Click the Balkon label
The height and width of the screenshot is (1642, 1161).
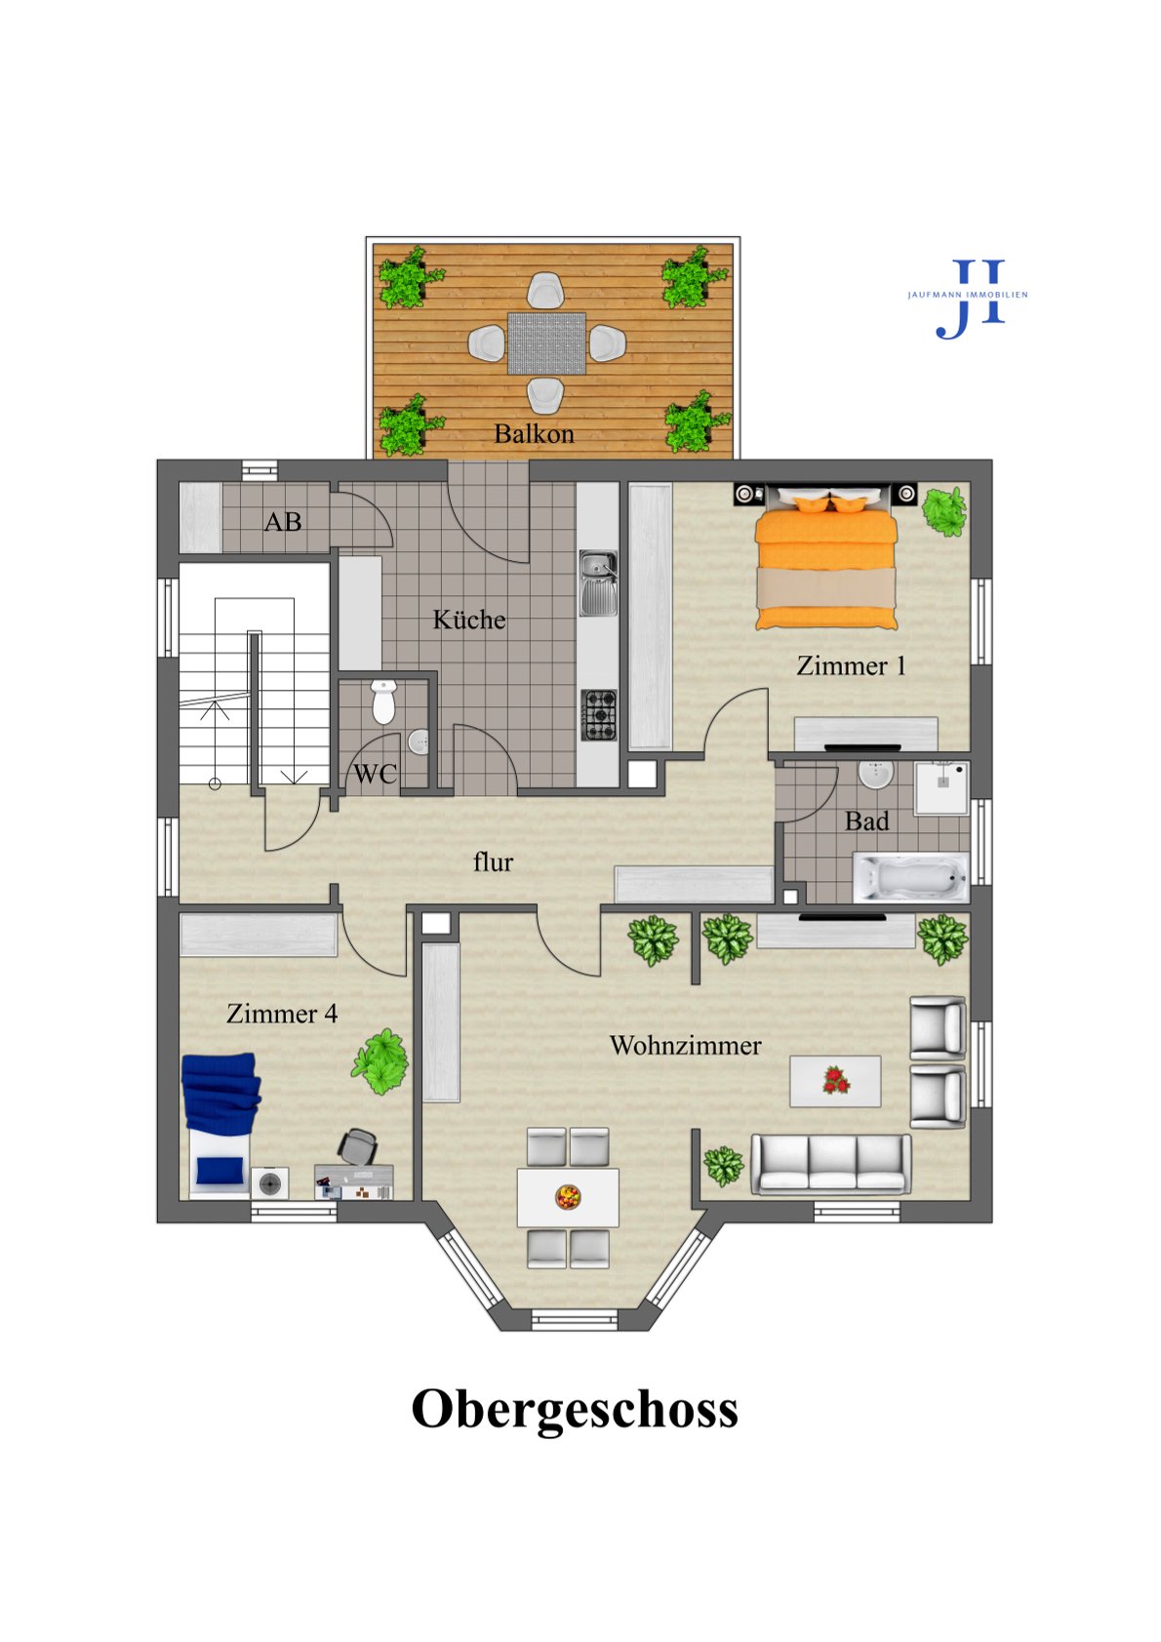coord(534,434)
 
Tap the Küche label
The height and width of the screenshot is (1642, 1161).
coord(469,620)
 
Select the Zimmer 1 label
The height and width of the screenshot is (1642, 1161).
coord(851,665)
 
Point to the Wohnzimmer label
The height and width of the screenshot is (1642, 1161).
coord(685,1045)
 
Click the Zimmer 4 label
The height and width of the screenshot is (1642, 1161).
coord(282,1014)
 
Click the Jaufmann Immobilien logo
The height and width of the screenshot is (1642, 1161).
coord(968,299)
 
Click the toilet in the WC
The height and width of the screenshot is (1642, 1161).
coord(383,701)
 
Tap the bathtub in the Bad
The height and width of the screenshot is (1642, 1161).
coord(911,877)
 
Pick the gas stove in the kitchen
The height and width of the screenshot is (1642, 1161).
coord(599,715)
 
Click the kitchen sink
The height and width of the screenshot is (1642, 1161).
coord(599,583)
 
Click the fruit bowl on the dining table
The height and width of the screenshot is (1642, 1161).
coord(567,1197)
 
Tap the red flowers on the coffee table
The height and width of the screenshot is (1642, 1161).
coord(835,1080)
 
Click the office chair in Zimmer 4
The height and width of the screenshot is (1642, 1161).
coord(358,1146)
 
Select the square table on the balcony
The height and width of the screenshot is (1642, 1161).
coord(546,343)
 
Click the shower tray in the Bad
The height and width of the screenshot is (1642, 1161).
coord(941,788)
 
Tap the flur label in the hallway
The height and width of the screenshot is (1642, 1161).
coord(493,862)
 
